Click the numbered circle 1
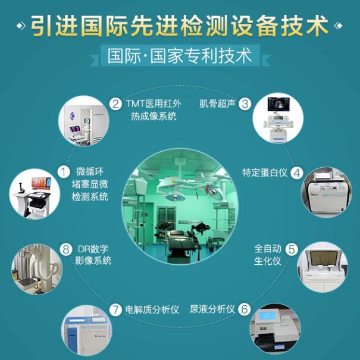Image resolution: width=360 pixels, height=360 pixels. tap(63, 171)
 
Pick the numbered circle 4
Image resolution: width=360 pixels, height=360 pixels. tap(296, 173)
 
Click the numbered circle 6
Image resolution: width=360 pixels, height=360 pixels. tap(245, 309)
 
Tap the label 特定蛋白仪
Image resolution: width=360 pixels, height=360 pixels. tap(265, 173)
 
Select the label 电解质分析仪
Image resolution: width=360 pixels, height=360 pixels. tap(152, 310)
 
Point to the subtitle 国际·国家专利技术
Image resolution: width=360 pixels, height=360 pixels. tap(180, 56)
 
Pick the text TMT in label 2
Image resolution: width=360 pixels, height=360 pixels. tap(135, 104)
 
